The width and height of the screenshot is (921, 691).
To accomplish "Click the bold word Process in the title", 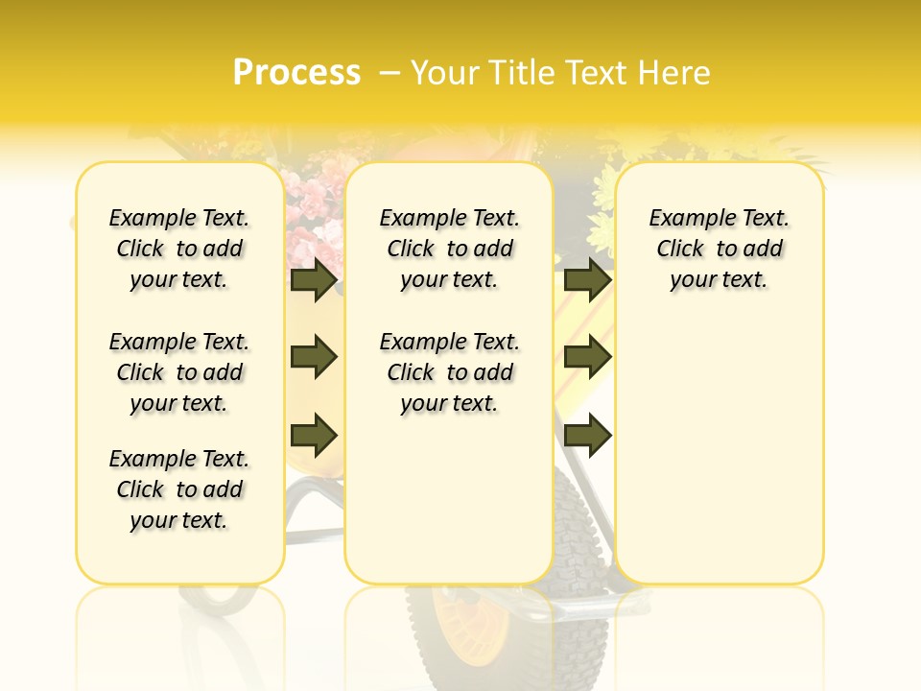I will click(296, 72).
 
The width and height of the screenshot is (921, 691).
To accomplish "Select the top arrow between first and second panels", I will click(314, 280).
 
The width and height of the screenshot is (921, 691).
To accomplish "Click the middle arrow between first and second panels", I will click(314, 357).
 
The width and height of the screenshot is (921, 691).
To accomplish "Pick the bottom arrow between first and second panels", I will click(314, 435).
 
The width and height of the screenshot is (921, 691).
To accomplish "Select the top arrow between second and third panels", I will click(587, 280).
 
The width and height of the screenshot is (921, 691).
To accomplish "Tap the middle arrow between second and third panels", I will click(587, 357).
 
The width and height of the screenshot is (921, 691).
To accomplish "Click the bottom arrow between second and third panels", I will click(587, 435).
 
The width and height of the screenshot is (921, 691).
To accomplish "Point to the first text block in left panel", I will click(179, 249).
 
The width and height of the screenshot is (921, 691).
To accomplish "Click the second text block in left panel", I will click(179, 372).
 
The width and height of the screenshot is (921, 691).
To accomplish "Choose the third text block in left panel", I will click(179, 489).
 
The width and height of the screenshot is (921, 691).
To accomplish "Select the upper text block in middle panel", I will click(450, 249).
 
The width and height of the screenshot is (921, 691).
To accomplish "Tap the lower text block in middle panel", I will click(450, 372).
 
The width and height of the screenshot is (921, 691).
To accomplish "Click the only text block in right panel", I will click(720, 249).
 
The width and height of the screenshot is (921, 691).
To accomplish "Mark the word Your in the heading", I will click(445, 73).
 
